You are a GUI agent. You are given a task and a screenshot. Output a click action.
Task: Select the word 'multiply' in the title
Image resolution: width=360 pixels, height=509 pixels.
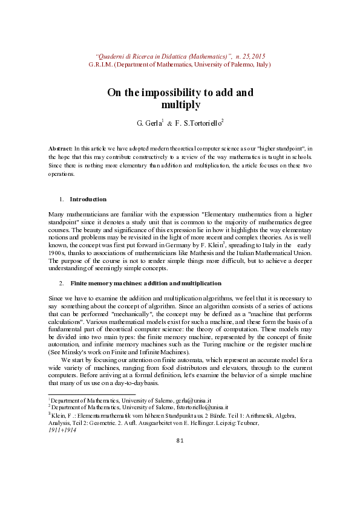tap(180, 105)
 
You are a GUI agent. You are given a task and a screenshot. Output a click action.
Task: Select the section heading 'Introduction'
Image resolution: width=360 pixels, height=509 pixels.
tap(88, 199)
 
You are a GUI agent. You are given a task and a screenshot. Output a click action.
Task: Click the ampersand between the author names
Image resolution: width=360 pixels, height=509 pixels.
tap(169, 123)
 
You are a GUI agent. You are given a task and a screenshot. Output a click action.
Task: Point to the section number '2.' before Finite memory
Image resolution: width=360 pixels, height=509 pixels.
tap(62, 283)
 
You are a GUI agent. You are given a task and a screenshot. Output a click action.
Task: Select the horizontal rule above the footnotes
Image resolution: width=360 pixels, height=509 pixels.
tap(91, 394)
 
